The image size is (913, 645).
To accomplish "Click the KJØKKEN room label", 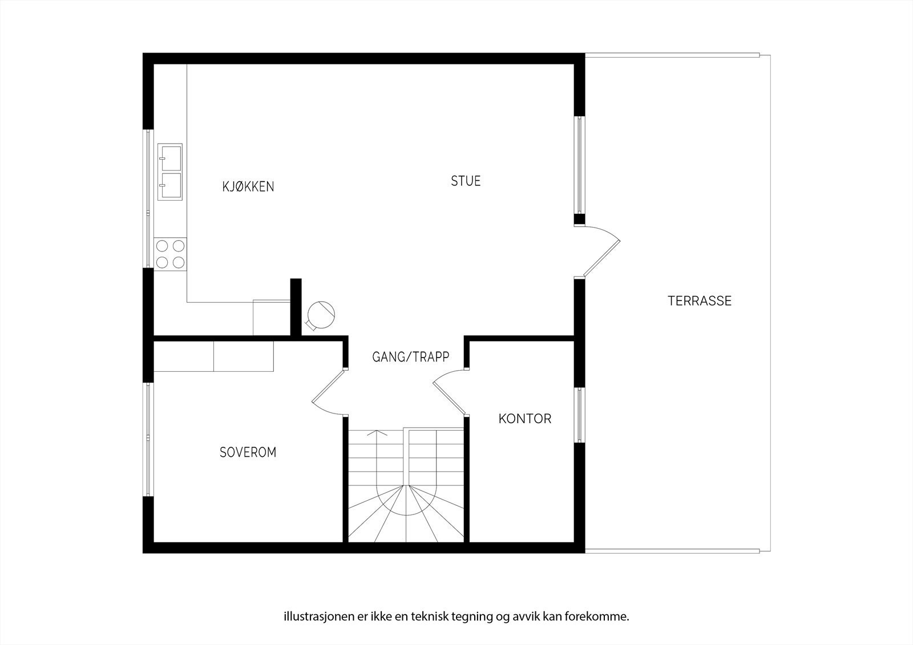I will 248,186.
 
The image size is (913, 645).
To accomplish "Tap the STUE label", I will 466,181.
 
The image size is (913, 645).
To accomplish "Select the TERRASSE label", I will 699,301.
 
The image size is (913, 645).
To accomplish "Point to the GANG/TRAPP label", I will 410,357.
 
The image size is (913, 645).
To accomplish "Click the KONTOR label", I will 524,419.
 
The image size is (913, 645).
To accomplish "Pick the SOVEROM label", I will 248,452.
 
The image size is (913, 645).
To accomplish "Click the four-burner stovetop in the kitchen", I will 170,254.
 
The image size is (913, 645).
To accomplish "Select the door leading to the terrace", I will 599,251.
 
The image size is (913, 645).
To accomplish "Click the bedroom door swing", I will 326,394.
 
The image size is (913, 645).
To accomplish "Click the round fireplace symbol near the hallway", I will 320,314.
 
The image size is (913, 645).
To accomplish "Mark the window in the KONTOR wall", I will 579,415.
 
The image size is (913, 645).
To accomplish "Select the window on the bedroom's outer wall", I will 148,439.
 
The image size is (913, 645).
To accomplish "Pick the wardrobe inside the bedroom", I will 214,356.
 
